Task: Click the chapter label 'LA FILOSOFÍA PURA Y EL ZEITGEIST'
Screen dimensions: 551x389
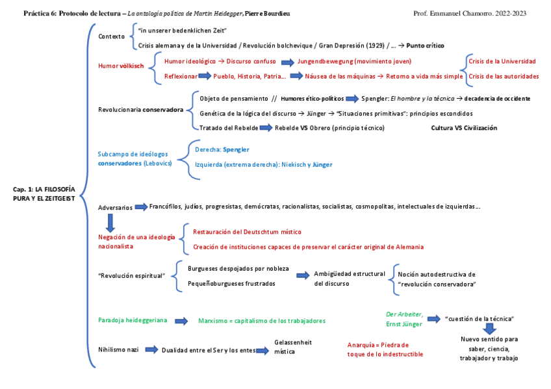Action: [44, 194]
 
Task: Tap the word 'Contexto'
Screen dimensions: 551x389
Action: [111, 36]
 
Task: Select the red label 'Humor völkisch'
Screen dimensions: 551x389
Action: [121, 66]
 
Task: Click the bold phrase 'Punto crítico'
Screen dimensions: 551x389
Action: [426, 45]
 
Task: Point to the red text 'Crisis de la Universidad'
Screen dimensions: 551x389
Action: [502, 61]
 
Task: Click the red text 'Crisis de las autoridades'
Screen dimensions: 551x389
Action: [504, 77]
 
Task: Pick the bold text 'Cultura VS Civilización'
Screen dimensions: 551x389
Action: [464, 128]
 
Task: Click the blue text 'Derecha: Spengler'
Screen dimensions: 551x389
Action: [222, 149]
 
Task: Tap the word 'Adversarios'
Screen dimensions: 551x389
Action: [114, 207]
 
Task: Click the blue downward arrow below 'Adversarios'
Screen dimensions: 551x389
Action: [110, 223]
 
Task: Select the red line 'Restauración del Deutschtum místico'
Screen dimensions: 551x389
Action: [247, 232]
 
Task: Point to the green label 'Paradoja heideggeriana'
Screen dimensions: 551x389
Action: [133, 320]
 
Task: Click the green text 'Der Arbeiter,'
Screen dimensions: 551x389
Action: [405, 314]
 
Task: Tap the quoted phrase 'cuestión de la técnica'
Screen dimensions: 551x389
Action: [480, 318]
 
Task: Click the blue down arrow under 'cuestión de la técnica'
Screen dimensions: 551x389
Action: [489, 329]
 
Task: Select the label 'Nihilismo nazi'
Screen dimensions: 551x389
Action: [118, 349]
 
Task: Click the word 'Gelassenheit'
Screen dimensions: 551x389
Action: [293, 342]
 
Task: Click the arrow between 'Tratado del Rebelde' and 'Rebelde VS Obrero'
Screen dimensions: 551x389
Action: [266, 128]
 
